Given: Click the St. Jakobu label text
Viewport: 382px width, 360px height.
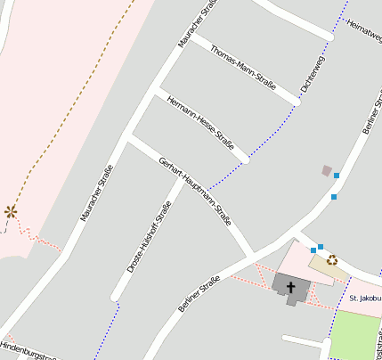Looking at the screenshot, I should [365, 298].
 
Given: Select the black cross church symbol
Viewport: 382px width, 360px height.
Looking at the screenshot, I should [291, 287].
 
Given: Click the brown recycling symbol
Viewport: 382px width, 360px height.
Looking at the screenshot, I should [332, 260].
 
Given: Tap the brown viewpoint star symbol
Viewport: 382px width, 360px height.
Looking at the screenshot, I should [11, 211].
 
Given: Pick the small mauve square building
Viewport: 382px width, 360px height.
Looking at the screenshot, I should [327, 170].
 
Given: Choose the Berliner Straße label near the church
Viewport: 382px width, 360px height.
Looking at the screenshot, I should [198, 294].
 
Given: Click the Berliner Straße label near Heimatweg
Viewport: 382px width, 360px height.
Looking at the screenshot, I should [370, 115].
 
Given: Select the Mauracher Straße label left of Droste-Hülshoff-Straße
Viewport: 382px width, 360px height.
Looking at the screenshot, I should [97, 192].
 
